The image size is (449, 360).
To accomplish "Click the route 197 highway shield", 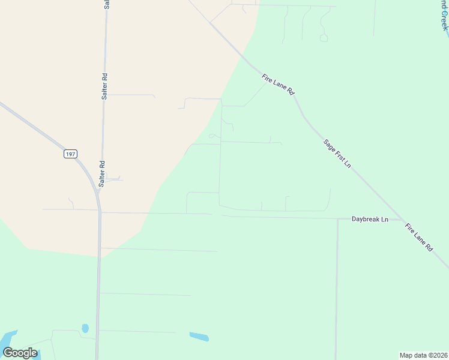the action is (71, 154).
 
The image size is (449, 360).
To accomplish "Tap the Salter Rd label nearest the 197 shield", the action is (102, 174).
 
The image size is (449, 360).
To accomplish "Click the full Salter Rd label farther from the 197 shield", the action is (105, 86).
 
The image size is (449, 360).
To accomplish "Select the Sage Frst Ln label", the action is (337, 153).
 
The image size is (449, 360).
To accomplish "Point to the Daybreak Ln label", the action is (370, 220).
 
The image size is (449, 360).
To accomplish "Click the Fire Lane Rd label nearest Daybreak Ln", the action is (419, 236).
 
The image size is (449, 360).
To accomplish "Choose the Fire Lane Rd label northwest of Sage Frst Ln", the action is (279, 84).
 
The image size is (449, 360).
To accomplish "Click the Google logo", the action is (20, 353).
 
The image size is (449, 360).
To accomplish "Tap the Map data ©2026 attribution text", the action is (423, 355).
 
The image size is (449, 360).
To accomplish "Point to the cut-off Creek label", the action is (443, 15).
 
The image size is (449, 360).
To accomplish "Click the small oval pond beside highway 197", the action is (85, 328).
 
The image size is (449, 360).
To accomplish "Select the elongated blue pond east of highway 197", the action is (199, 337).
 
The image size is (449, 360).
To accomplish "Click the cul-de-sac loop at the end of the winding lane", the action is (324, 38).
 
